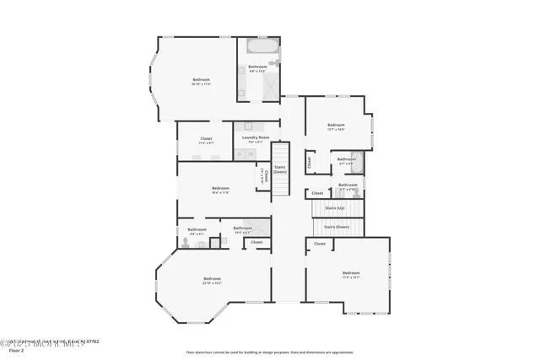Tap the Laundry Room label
255,137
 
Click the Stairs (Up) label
335,207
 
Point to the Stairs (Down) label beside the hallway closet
280,169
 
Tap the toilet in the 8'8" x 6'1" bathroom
185,242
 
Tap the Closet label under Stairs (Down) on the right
320,244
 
